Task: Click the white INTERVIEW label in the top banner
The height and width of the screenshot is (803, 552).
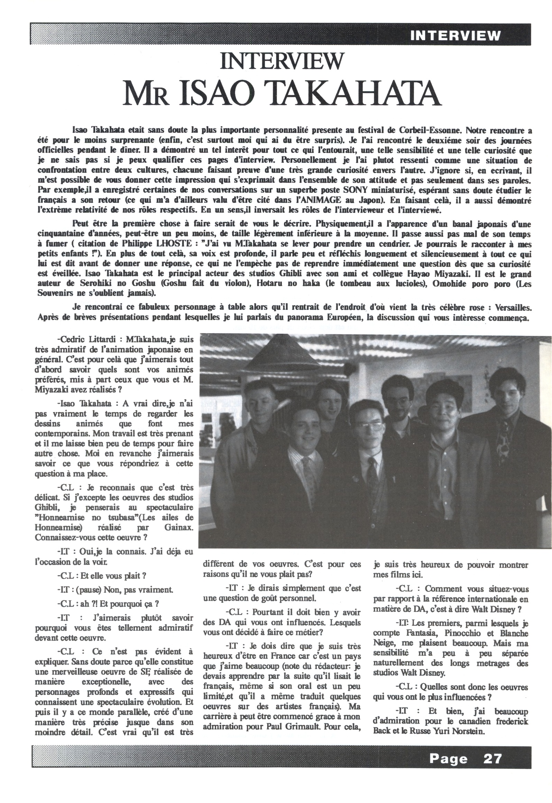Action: tap(455, 36)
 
